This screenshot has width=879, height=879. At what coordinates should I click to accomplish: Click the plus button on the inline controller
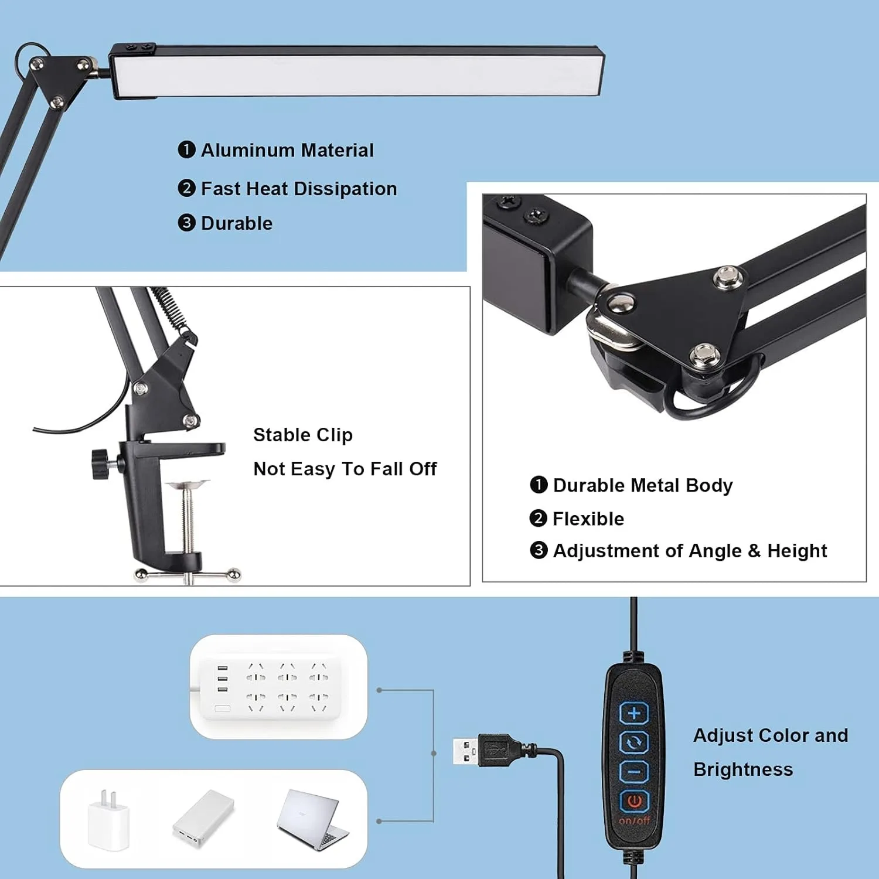(x=634, y=713)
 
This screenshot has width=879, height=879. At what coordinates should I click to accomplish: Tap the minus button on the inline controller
(x=634, y=772)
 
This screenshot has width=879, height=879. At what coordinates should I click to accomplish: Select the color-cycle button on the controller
(x=634, y=743)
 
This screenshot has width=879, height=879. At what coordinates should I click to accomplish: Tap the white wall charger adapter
(x=108, y=819)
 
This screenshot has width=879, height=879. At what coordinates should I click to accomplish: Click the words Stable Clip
(x=303, y=435)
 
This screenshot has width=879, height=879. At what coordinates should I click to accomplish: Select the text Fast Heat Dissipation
(x=299, y=189)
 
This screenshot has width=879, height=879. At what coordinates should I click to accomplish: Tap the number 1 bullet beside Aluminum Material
(x=186, y=150)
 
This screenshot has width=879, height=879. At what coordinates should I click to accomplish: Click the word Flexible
(x=588, y=519)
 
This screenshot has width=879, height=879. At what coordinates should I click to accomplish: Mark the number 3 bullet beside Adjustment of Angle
(x=538, y=550)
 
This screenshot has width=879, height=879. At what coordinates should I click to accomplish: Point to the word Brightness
(x=743, y=769)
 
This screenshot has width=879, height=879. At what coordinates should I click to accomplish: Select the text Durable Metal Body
(x=643, y=485)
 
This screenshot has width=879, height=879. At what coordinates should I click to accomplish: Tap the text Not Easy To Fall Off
(x=345, y=469)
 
